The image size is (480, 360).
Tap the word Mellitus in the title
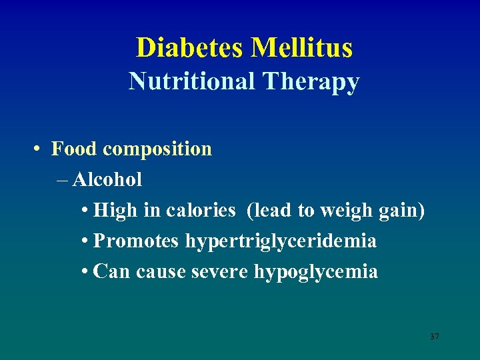pos(301,48)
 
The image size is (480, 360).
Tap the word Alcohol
pos(107,179)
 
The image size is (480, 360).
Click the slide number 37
pos(435,337)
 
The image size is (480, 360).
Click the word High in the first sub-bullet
pos(115,211)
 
